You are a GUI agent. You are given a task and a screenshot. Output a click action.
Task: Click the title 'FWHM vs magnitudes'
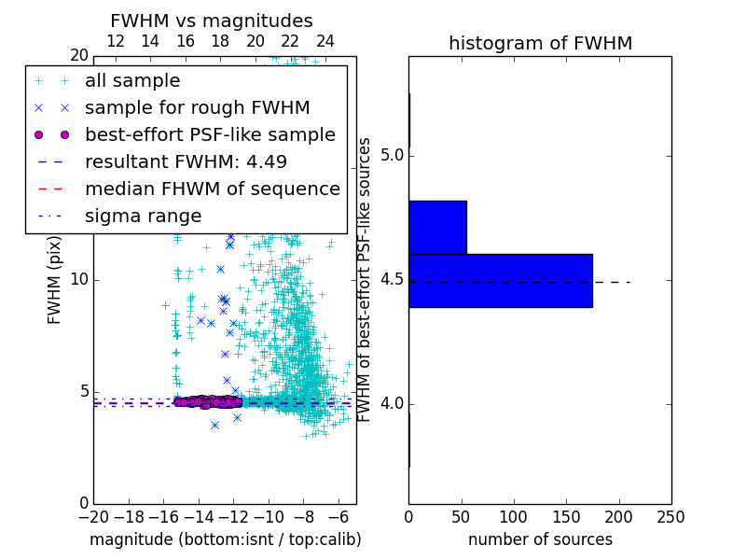point(211,21)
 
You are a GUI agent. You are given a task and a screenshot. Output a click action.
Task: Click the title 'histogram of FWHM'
point(540,43)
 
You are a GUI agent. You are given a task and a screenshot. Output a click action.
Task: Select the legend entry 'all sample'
point(132,81)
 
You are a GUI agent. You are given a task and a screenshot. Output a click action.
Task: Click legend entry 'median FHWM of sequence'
point(212,189)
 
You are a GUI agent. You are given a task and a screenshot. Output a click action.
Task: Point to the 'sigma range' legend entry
point(143,217)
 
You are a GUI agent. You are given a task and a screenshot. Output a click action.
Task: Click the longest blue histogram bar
point(500,280)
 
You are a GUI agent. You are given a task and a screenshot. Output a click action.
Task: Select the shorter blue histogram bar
point(437,227)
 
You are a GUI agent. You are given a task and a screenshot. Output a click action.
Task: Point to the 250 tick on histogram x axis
point(670,516)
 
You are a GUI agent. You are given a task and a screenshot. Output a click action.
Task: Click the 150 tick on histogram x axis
point(566,516)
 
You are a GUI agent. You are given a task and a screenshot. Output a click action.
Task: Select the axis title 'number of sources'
point(540,539)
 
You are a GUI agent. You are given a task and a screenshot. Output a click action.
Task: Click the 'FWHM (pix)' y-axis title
point(54,279)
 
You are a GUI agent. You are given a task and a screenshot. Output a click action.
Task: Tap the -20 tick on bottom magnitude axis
point(93,516)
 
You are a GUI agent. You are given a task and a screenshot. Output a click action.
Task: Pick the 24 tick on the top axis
point(325,41)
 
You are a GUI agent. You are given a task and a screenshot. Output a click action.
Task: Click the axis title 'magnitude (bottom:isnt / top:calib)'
point(225,539)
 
